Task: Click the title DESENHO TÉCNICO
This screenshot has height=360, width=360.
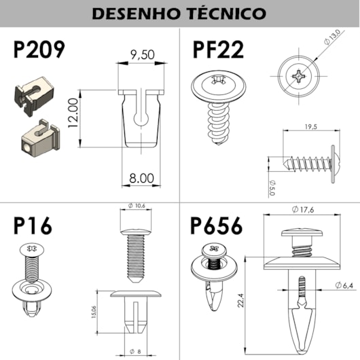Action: pyautogui.click(x=179, y=14)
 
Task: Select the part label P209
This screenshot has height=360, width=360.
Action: pyautogui.click(x=39, y=50)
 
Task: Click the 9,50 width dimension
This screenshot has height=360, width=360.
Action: pyautogui.click(x=142, y=55)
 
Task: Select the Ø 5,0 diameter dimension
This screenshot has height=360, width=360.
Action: pyautogui.click(x=271, y=186)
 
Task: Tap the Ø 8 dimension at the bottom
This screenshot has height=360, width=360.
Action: pyautogui.click(x=134, y=351)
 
